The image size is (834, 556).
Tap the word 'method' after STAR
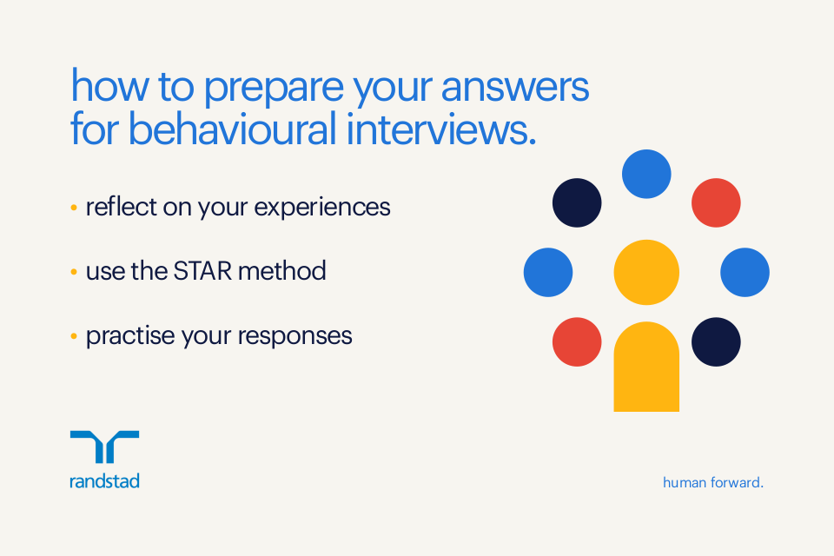pyautogui.click(x=282, y=271)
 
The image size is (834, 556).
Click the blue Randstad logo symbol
pyautogui.click(x=104, y=447)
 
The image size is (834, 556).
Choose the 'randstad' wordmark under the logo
pyautogui.click(x=104, y=481)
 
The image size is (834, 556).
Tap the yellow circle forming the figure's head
pyautogui.click(x=646, y=272)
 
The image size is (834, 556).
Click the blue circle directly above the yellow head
pyautogui.click(x=646, y=174)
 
